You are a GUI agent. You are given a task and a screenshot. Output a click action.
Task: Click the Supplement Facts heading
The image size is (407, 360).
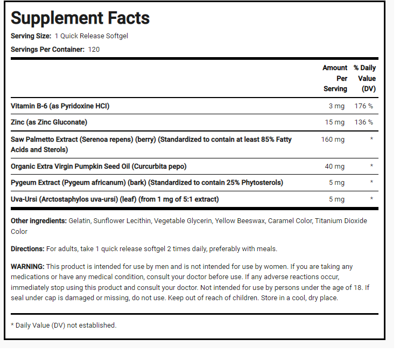pos(80,18)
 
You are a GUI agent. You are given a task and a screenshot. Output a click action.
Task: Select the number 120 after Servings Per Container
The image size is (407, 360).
pos(95,50)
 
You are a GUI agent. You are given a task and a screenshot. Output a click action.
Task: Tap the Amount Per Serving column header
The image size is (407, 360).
pos(335,78)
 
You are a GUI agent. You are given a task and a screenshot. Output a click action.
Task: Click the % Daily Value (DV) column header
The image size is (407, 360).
pos(364,78)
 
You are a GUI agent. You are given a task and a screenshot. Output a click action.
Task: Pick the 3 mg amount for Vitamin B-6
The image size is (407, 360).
pos(337,106)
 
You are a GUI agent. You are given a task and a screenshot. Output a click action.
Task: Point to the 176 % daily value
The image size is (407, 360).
pos(363,106)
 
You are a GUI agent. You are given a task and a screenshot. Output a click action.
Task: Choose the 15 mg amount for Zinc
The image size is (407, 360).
pos(335,122)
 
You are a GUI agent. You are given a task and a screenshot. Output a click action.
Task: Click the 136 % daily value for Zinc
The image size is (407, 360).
pos(363,122)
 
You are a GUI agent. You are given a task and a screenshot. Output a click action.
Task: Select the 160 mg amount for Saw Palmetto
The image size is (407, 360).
pos(333,140)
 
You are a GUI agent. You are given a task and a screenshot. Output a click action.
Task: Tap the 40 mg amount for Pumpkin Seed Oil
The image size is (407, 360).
pos(335,166)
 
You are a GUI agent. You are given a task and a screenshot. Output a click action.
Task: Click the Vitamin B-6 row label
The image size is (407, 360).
pos(64,106)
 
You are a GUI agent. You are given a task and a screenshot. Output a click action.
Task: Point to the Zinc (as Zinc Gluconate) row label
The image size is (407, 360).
pos(49,122)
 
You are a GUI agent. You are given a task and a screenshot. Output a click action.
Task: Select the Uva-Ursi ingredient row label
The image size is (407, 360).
pos(115,199)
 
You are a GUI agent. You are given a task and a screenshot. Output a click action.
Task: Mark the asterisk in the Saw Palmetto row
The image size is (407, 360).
pos(371,140)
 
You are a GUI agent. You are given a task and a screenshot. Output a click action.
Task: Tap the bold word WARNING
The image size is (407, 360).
pos(27,267)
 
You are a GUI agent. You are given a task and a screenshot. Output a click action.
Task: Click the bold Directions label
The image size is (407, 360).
pos(27,249)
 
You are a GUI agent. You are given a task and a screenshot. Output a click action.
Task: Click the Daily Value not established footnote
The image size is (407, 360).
pos(64,325)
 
